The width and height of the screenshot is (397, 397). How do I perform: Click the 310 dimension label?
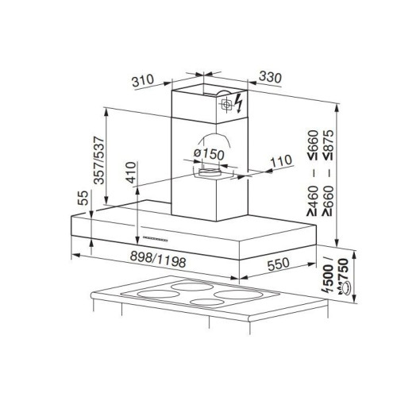[x=143, y=80]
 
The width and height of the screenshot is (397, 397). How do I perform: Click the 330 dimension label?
[x=270, y=77]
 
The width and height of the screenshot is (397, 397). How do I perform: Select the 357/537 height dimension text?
[x=99, y=160]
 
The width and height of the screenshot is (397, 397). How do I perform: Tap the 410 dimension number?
[x=131, y=172]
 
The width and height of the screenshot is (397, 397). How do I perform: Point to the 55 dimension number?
[x=83, y=198]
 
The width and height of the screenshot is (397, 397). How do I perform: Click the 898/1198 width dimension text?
[x=158, y=259]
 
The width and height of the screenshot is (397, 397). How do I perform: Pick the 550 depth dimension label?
[x=278, y=264]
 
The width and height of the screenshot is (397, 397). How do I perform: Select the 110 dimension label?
[x=281, y=161]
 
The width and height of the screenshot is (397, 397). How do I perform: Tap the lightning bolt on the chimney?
[x=239, y=102]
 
